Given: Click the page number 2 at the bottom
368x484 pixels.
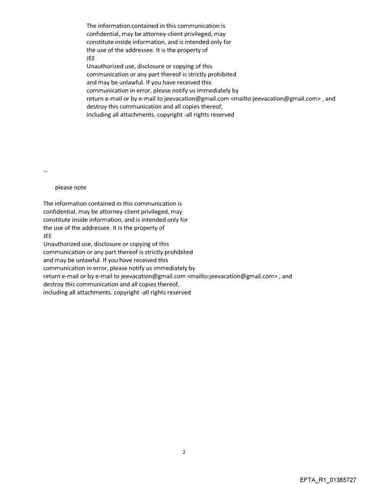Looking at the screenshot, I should [184, 452].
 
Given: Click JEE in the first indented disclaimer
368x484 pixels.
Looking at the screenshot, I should [91, 58].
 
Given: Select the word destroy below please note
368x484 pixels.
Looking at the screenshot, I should [53, 285].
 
